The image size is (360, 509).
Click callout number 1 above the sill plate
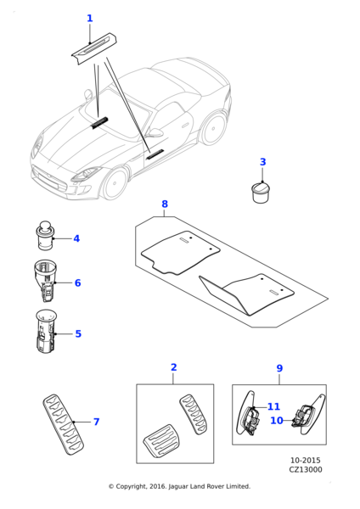click(x=90, y=18)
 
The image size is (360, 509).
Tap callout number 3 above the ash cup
click(x=263, y=162)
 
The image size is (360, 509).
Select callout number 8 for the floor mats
click(x=165, y=204)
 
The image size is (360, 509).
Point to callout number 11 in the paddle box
click(x=273, y=406)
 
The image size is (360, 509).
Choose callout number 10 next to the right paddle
click(x=277, y=421)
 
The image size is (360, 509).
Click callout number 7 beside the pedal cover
click(x=97, y=422)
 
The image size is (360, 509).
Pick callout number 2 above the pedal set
click(x=174, y=367)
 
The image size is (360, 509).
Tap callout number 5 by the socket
click(x=78, y=333)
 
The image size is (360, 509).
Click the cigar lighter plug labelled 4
click(x=45, y=236)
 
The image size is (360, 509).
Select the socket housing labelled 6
click(x=45, y=280)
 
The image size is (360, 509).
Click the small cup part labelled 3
click(x=262, y=193)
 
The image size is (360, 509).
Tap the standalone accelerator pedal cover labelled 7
click(x=63, y=424)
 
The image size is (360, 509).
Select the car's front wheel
click(x=115, y=184)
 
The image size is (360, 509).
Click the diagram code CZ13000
click(x=306, y=470)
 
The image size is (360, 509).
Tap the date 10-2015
click(x=306, y=461)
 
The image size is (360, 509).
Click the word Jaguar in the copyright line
click(x=178, y=486)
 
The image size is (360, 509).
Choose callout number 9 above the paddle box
click(x=279, y=368)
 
